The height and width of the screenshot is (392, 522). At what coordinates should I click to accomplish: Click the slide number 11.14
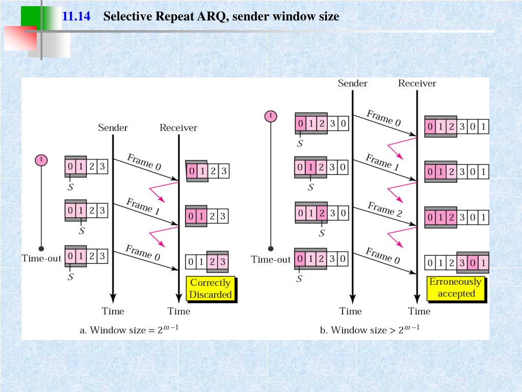76,16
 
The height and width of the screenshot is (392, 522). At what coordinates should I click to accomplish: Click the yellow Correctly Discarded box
211,289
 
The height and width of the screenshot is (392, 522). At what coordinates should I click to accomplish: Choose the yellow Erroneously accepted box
456,288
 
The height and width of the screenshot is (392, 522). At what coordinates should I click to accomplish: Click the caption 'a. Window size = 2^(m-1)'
129,330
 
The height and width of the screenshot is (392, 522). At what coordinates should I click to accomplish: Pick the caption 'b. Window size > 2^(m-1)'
370,330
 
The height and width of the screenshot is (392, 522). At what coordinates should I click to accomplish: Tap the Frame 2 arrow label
385,209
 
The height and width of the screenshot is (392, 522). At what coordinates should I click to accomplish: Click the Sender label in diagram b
352,83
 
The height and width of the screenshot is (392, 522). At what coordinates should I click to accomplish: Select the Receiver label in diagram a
178,128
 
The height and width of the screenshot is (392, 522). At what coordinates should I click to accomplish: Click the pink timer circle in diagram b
270,116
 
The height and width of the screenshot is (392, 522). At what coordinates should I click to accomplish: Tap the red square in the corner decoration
20,38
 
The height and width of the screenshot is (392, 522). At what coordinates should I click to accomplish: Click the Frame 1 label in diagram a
140,206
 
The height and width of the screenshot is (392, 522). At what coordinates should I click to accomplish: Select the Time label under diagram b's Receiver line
419,311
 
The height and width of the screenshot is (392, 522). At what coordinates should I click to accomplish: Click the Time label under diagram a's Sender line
113,311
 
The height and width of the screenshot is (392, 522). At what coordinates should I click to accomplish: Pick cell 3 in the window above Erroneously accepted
462,263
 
